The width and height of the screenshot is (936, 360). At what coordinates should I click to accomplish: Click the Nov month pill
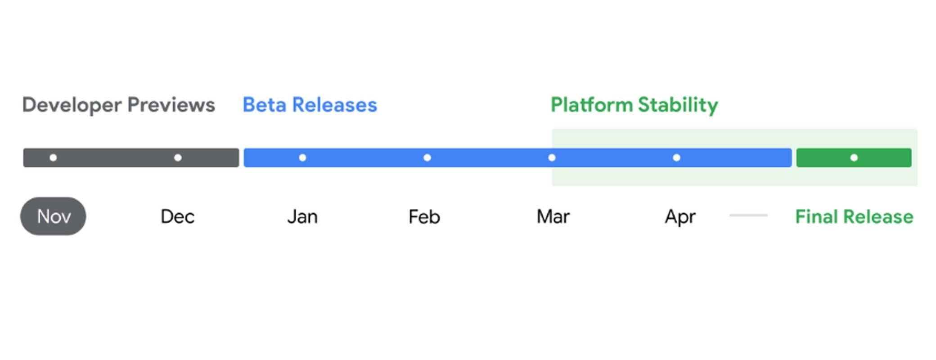[x=53, y=216]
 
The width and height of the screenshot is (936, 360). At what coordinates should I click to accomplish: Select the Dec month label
[x=177, y=217]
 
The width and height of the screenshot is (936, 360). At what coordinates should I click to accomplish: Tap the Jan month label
[x=302, y=217]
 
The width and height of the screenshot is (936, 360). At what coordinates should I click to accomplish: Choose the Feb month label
[x=424, y=217]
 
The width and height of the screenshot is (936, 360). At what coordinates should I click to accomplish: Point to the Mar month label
[x=553, y=217]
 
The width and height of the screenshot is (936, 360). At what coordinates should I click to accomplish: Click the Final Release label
[x=854, y=217]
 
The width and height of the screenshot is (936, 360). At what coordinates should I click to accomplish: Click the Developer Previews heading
[x=119, y=105]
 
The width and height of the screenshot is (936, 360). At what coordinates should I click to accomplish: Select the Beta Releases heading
[x=310, y=105]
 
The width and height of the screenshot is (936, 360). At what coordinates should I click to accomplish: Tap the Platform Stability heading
[x=634, y=105]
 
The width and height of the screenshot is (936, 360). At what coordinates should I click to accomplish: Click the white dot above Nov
[x=53, y=157]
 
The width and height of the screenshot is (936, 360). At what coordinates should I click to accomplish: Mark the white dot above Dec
[x=178, y=157]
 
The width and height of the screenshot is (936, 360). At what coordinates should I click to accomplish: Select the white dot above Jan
[x=302, y=157]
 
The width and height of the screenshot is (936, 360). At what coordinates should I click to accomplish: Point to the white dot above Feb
[x=427, y=157]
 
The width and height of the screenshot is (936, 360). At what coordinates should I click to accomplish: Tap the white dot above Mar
[x=552, y=157]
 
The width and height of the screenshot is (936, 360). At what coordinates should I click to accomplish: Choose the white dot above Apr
[x=676, y=157]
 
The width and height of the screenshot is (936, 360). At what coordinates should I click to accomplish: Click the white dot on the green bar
[x=854, y=157]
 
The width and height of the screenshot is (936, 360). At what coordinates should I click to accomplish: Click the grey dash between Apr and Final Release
[x=748, y=216]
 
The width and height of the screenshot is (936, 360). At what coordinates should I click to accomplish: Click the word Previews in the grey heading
[x=171, y=105]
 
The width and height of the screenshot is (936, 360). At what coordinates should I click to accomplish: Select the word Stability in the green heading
[x=678, y=105]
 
